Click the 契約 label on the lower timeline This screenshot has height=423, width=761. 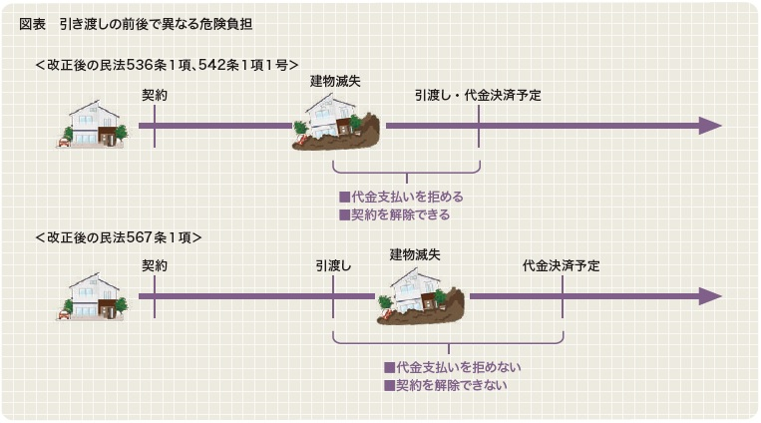point(155,266)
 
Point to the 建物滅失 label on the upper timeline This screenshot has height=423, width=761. point(333,81)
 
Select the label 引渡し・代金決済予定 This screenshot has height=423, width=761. point(478,96)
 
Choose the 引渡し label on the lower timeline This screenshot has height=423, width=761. point(333,266)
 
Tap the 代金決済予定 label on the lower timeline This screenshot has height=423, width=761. point(562,266)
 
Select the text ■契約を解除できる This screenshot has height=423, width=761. point(394,214)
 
